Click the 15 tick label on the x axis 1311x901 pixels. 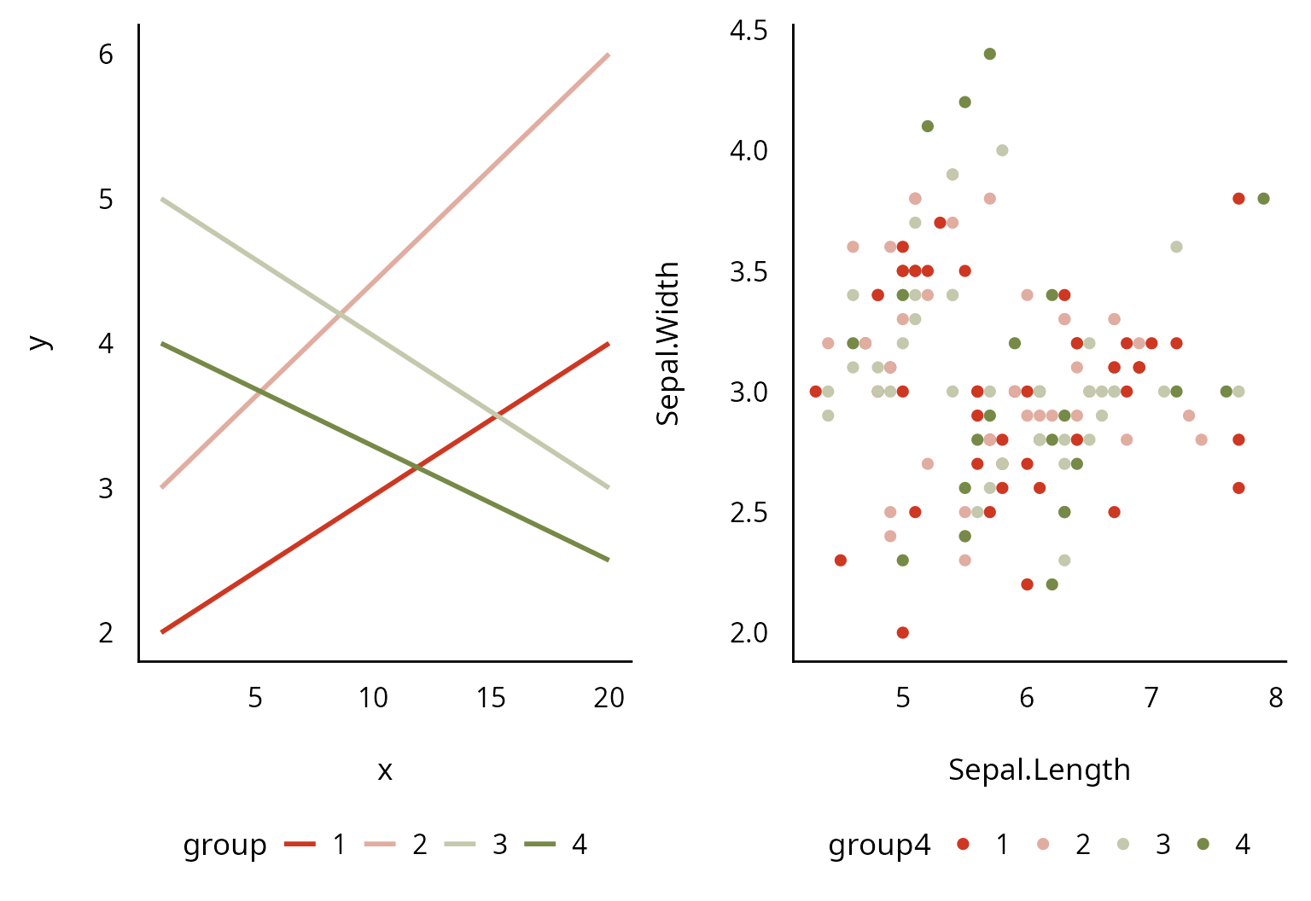[491, 698]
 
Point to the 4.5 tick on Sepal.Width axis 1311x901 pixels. [749, 31]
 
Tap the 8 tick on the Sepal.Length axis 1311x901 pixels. [1275, 698]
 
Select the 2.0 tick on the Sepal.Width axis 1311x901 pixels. [749, 633]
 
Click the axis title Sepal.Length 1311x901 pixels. [1039, 770]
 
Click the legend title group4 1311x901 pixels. [879, 845]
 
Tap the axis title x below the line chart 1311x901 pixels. [385, 770]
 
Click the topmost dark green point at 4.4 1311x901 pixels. [989, 54]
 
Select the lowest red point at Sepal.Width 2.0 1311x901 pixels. [902, 632]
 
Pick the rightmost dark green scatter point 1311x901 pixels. [1263, 199]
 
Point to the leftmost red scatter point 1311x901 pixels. [815, 392]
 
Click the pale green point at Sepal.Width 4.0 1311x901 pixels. [1002, 150]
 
